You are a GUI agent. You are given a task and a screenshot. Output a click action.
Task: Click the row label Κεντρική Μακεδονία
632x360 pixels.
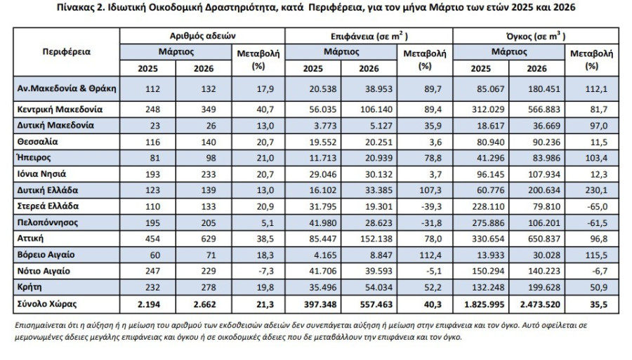[60, 109]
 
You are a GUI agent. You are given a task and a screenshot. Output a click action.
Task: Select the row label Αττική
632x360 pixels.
[30, 239]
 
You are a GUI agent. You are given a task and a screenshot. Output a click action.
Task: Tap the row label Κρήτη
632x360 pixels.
[29, 287]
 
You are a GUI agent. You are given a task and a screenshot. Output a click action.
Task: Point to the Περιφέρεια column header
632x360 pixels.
[67, 52]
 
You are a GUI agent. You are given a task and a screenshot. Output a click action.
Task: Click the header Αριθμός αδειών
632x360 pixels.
[202, 36]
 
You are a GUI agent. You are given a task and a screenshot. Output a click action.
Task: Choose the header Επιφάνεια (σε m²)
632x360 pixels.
[369, 36]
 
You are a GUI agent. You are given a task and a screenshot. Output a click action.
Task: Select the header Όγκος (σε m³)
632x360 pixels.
[536, 36]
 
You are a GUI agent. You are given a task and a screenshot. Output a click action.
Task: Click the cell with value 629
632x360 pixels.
[209, 239]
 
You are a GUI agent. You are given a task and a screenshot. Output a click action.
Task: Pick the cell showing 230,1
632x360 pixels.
[596, 190]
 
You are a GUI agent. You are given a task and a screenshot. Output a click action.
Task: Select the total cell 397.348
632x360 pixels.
[320, 305]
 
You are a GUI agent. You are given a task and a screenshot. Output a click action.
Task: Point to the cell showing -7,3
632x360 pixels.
[266, 271]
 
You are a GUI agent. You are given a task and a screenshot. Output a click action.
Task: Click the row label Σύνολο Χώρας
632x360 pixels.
[47, 304]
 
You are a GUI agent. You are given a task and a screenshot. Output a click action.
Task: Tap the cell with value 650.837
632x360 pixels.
[544, 239]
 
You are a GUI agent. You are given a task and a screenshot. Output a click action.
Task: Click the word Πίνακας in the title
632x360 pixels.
[75, 7]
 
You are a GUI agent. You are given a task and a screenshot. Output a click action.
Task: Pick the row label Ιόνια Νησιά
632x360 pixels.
[41, 174]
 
